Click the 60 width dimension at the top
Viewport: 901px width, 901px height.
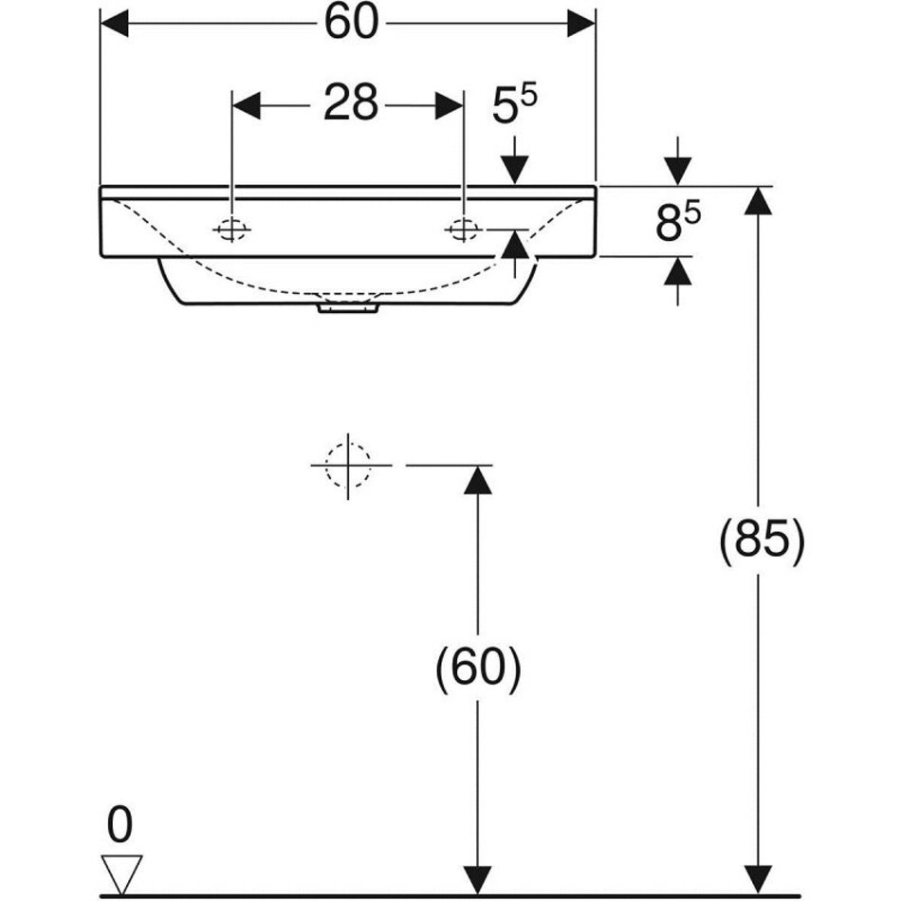(x=352, y=23)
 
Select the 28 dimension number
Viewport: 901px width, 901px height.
(x=351, y=103)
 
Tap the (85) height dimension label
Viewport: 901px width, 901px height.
(x=763, y=542)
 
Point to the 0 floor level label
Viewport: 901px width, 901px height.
(x=120, y=825)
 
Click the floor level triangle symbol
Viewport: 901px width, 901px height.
(x=121, y=873)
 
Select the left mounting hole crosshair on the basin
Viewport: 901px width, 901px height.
(x=232, y=230)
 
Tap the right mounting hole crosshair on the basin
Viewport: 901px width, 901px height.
(x=463, y=230)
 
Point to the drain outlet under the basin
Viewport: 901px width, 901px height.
(x=348, y=308)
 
